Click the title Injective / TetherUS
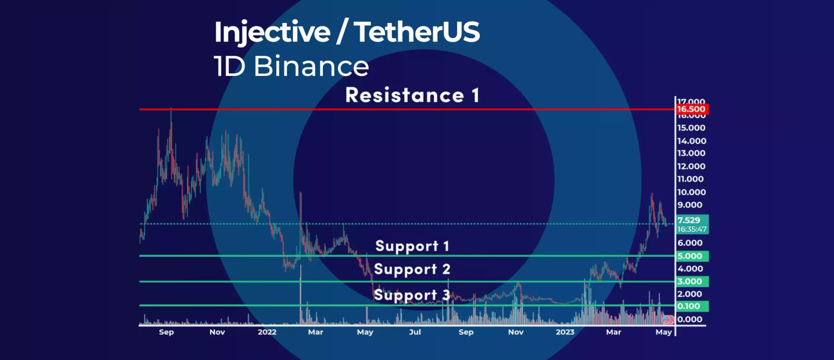[347, 32]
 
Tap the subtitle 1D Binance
[291, 66]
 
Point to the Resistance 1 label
[412, 95]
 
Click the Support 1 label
[412, 246]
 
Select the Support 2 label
[412, 269]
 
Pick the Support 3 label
[412, 295]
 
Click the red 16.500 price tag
[692, 109]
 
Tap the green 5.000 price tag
[692, 256]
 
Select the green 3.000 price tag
[692, 281]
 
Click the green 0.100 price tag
[692, 306]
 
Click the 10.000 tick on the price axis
[691, 192]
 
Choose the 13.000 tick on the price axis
[691, 153]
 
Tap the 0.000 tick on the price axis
[690, 319]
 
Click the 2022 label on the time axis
[267, 332]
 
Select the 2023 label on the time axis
[565, 332]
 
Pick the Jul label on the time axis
[415, 332]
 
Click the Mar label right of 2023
[613, 332]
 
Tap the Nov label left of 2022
[217, 332]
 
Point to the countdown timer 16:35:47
[692, 229]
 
